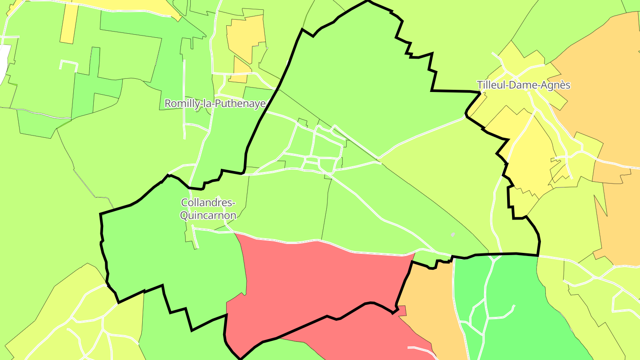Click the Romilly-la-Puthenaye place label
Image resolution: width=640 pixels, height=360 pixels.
point(215,104)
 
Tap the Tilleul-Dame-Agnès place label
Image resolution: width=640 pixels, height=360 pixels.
point(523,85)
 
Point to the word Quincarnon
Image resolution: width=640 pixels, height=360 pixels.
point(208,216)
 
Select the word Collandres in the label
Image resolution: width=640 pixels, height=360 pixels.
point(208,203)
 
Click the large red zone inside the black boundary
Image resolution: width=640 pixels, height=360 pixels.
point(320,280)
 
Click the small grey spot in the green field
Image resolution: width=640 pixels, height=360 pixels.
point(453,234)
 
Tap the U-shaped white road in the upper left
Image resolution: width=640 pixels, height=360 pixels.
point(68,64)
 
